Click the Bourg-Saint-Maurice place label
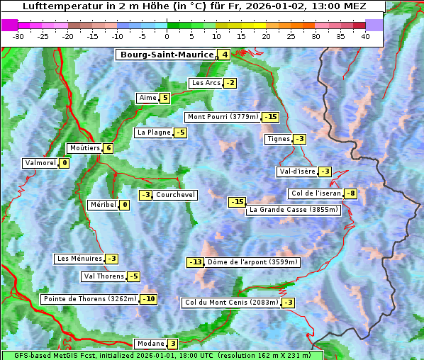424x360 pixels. [x=167, y=55]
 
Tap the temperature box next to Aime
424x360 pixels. [x=164, y=98]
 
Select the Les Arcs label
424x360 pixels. [x=206, y=83]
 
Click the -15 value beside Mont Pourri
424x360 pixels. [x=270, y=117]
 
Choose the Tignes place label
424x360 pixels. [x=277, y=139]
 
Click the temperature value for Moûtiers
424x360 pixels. [x=108, y=148]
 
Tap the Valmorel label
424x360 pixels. [x=40, y=163]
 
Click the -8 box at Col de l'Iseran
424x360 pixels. [x=350, y=193]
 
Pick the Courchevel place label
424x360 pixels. [x=175, y=195]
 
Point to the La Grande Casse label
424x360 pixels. [x=294, y=210]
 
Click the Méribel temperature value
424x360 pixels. [x=124, y=205]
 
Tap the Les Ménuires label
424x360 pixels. [x=79, y=259]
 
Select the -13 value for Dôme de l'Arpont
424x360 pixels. [x=195, y=262]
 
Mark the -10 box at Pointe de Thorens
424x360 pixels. [x=148, y=299]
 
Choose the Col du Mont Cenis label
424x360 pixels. [x=230, y=303]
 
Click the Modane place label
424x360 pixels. [x=150, y=344]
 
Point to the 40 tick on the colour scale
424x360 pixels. [x=365, y=36]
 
